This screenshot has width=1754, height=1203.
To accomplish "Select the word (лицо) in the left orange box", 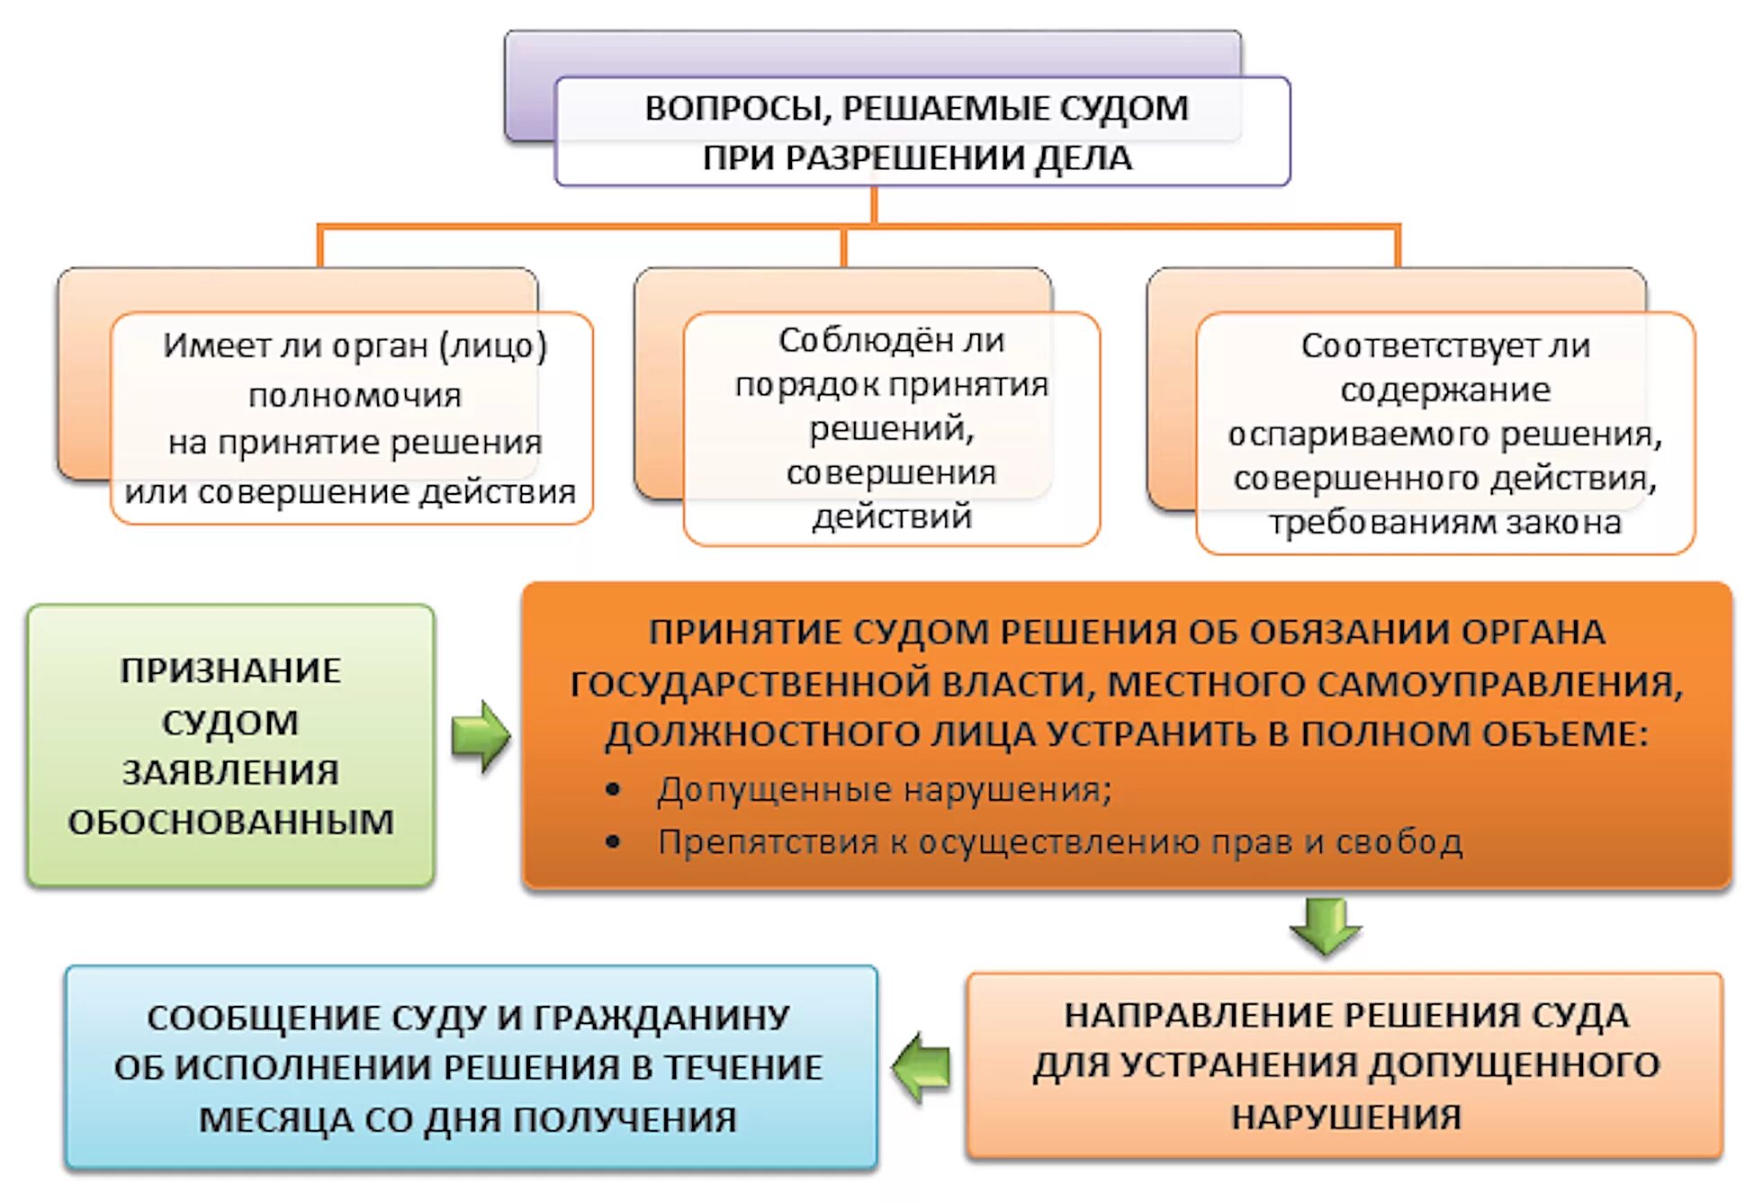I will coord(493,346).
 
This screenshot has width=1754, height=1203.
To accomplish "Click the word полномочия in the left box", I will coord(355,395).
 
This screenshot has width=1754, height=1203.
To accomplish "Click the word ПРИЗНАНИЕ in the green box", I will coord(230,671).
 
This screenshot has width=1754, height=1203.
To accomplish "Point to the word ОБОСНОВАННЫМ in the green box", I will coord(230,822).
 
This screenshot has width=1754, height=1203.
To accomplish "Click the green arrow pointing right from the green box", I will coord(481,737).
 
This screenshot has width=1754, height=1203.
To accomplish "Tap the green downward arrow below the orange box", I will coord(1325,925).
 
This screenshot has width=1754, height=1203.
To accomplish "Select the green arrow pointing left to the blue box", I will coord(922,1067).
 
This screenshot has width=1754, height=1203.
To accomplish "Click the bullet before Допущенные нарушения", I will coord(614,790).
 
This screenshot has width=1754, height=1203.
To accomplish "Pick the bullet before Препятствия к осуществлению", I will coord(614,842).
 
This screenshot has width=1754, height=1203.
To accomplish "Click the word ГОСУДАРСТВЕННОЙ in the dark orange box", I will coord(751,684).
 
